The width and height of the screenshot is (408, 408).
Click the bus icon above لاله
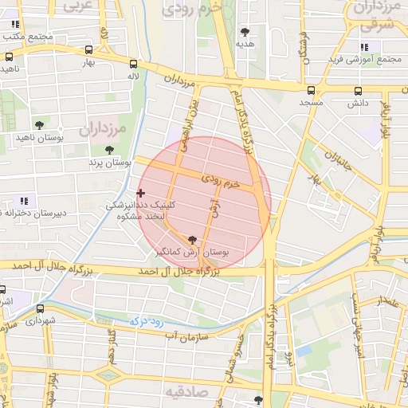pyautogui.click(x=132, y=63)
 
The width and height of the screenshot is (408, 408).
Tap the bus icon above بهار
pyautogui.click(x=89, y=48)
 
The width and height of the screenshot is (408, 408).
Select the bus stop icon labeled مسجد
pyautogui.click(x=312, y=90)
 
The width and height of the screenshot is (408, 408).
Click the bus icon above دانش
pyautogui.click(x=358, y=90)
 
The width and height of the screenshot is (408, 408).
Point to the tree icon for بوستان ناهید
pyautogui.click(x=39, y=124)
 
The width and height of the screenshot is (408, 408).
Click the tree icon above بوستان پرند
pyautogui.click(x=109, y=149)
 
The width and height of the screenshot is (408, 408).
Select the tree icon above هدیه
pyautogui.click(x=244, y=32)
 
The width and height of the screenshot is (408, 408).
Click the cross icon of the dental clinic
pyautogui.click(x=141, y=192)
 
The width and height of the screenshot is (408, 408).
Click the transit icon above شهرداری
pyautogui.click(x=40, y=308)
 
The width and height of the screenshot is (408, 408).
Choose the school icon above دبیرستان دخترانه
pyautogui.click(x=24, y=200)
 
